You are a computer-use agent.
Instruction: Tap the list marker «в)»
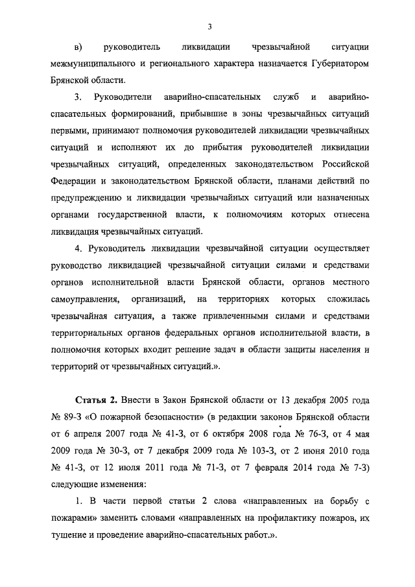point(79,47)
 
